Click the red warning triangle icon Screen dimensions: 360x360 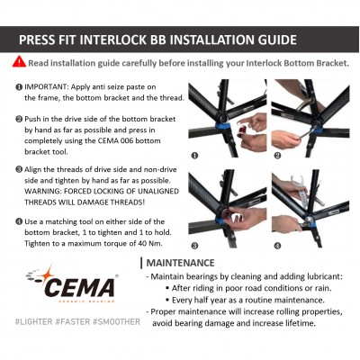pos(19,62)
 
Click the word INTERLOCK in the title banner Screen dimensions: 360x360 pos(118,40)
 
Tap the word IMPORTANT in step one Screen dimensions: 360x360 pos(47,87)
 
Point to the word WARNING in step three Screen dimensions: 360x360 pos(42,192)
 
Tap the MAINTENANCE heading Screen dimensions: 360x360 pos(180,263)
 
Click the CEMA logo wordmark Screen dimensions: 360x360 pos(80,287)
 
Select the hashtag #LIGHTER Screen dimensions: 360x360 pos(33,322)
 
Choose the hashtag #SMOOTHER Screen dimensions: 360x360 pos(116,322)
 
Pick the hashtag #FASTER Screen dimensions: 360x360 pos(73,322)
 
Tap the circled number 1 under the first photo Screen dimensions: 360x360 pos(194,156)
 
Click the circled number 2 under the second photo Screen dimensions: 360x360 pos(277,156)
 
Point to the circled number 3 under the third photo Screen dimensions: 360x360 pos(194,246)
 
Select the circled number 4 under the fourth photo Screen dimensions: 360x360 pos(277,246)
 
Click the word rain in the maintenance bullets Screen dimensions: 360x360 pos(322,288)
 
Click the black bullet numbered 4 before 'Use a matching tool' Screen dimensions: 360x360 pos(19,221)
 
